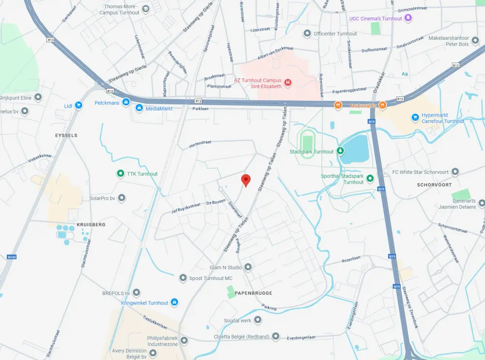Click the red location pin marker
246,180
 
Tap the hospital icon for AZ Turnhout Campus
288,83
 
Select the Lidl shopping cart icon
78,105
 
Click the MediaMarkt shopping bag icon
139,108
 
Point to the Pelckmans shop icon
126,102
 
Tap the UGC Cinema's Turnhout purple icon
408,18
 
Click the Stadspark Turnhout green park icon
340,151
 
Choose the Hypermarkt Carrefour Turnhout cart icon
415,117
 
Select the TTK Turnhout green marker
120,173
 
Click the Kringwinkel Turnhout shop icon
175,302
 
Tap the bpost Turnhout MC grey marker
183,278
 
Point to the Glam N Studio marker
248,267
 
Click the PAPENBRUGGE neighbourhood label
253,293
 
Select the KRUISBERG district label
91,225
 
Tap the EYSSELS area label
66,135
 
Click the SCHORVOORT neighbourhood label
434,185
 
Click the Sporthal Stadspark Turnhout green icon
370,178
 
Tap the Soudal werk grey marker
258,320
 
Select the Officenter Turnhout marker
307,33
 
